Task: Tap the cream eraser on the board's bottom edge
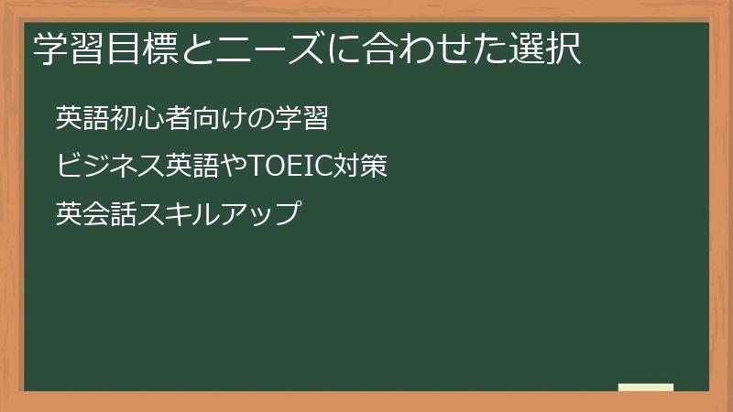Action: coord(645,386)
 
